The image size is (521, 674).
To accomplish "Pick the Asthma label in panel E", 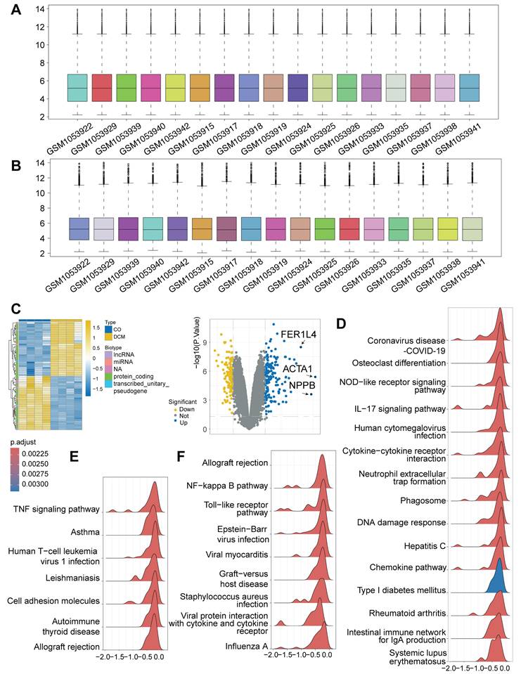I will click(x=84, y=532).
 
